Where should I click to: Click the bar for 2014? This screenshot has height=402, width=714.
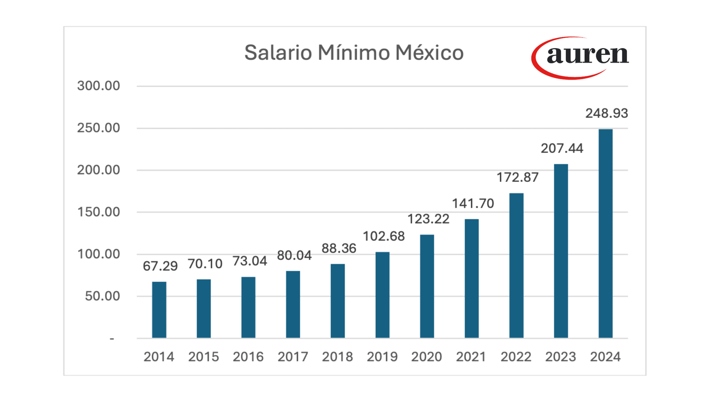click(159, 310)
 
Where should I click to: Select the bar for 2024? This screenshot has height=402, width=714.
click(605, 233)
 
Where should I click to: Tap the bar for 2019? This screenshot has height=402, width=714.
click(382, 295)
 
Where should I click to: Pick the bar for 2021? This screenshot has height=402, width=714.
click(471, 278)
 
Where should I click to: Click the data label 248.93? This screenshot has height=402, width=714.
click(606, 113)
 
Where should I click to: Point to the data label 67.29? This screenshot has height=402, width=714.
click(160, 266)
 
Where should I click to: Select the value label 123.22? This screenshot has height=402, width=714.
click(428, 219)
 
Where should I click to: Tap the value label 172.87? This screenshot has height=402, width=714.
click(517, 177)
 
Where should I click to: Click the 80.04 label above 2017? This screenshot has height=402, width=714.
click(294, 255)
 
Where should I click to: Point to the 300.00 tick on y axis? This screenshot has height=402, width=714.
click(98, 86)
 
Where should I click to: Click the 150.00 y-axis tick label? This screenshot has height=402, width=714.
click(98, 212)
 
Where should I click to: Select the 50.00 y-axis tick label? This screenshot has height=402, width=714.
click(102, 296)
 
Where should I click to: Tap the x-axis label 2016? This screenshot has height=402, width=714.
click(248, 357)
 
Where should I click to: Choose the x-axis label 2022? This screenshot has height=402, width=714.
click(516, 357)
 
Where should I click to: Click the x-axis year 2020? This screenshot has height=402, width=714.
click(427, 357)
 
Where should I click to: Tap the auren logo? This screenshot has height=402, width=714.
click(581, 57)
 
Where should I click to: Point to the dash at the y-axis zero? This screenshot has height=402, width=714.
click(112, 339)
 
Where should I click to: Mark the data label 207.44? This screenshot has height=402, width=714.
click(562, 148)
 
